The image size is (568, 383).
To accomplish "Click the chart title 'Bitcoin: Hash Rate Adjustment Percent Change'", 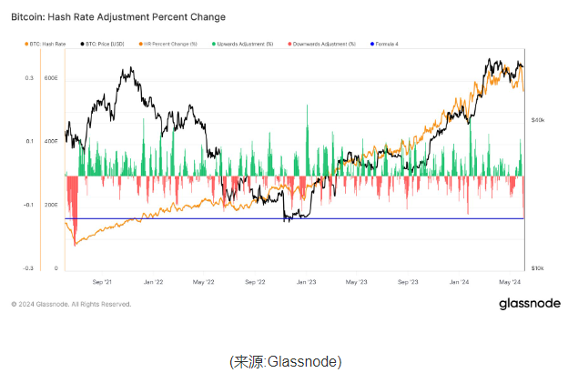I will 118,17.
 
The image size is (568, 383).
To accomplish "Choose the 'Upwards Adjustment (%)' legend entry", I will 244,44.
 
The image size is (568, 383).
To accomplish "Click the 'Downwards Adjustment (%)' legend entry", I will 323,44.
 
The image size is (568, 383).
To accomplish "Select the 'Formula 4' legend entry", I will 385,44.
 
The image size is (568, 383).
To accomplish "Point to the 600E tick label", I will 51,78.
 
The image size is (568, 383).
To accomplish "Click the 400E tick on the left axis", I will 51,141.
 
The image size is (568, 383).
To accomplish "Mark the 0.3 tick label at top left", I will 28,78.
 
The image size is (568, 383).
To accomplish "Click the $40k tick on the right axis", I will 537,119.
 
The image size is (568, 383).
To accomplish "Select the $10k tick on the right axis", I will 537,268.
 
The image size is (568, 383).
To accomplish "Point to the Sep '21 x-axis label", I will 101,283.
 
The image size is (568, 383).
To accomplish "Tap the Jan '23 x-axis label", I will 307,283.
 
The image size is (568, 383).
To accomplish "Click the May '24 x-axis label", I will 511,283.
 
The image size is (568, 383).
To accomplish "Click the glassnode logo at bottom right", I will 530,304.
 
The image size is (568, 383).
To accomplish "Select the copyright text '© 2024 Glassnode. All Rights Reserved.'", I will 71,304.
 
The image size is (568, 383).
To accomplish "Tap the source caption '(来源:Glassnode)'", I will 285,362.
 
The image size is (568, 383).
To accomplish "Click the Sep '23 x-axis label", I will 409,283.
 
